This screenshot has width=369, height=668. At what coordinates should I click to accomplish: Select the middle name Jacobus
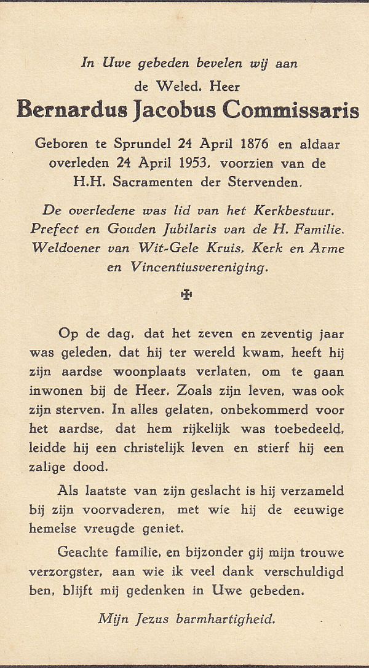pyautogui.click(x=177, y=111)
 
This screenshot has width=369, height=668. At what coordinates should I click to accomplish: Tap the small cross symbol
pyautogui.click(x=186, y=295)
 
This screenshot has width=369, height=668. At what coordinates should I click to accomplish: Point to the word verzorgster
pyautogui.click(x=65, y=572)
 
